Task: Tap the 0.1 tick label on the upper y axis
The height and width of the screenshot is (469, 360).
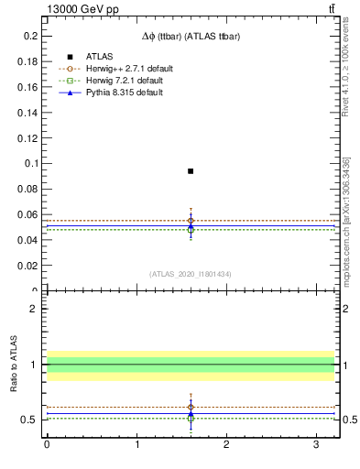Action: [31, 163]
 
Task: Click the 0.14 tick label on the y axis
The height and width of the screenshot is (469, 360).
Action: [28, 112]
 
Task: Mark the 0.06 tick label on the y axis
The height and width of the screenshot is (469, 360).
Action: [28, 214]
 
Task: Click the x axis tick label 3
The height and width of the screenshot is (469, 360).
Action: [315, 444]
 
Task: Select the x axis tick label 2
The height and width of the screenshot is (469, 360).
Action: [226, 444]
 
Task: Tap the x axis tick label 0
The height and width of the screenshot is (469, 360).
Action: [47, 444]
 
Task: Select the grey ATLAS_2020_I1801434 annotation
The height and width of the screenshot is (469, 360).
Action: [191, 274]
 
